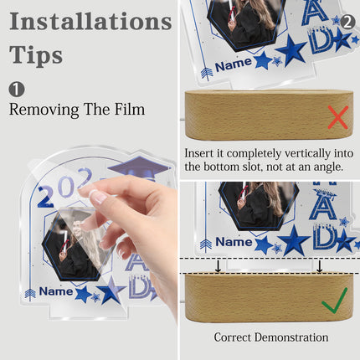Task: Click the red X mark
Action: click(338, 117)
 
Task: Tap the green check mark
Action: click(334, 301)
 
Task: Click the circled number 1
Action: click(17, 90)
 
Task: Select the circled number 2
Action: click(347, 22)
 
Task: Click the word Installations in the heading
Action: click(90, 22)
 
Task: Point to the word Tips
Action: click(36, 54)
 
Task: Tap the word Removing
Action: click(44, 110)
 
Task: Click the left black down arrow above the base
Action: click(219, 266)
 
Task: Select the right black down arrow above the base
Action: click(320, 266)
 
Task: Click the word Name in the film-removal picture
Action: click(56, 291)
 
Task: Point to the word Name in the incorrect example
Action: click(234, 64)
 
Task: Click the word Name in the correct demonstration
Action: click(234, 242)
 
